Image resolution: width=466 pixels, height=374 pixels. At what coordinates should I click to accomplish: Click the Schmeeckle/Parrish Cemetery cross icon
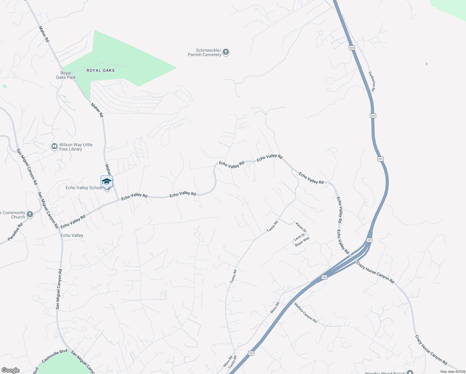226,52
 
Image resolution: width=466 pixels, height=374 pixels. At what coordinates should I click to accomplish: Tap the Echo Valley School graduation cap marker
107,182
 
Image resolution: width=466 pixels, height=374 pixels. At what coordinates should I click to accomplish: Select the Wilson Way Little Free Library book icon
55,146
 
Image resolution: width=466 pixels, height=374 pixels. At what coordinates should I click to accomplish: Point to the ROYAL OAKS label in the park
101,70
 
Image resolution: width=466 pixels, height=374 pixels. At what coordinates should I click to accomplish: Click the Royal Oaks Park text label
66,75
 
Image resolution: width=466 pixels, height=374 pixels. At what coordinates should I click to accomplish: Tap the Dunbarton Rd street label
372,81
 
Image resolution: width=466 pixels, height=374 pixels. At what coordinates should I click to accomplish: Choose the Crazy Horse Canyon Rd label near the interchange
375,273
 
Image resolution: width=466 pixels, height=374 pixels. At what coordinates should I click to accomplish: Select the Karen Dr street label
301,227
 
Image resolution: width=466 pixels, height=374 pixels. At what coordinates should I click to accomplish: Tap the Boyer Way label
302,242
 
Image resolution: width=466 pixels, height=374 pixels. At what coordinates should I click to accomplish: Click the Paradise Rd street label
15,232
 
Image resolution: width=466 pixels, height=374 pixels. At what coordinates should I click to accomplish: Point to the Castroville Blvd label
55,356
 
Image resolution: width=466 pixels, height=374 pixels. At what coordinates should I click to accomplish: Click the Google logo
10,370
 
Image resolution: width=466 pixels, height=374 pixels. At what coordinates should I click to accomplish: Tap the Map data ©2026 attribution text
453,372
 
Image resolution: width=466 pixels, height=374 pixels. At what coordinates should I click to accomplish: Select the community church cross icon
30,214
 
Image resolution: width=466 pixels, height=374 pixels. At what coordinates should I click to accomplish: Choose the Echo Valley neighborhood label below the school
72,235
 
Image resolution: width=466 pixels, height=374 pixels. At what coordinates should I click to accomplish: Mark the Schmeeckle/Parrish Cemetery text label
204,52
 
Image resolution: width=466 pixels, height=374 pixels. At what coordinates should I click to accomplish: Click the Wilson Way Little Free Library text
76,147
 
